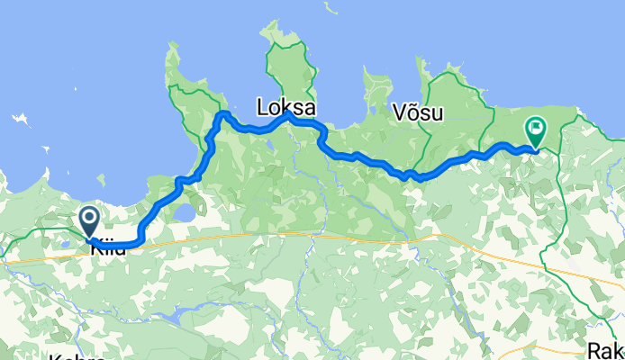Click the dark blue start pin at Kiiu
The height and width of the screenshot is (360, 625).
tap(90, 220)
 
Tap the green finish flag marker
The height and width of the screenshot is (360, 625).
tap(536, 131)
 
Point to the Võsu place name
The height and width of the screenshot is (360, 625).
tap(420, 112)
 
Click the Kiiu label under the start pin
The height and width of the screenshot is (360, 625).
tap(109, 248)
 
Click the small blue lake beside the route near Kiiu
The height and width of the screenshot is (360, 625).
tap(184, 211)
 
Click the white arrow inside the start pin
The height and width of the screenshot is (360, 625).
tap(90, 216)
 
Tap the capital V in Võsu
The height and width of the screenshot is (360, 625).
tap(400, 112)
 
